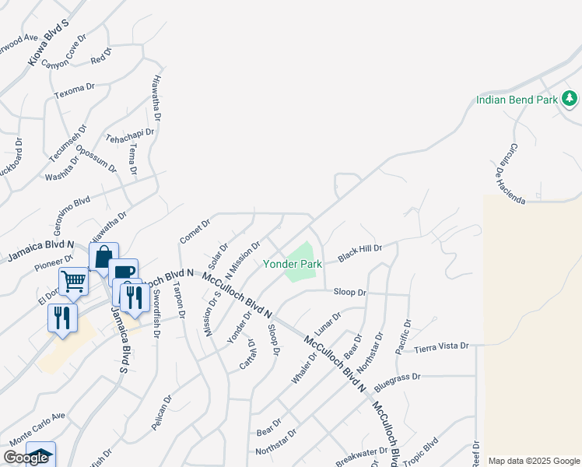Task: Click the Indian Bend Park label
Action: coord(517,100)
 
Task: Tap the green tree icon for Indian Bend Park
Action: coord(570,98)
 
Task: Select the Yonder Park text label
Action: coord(293,264)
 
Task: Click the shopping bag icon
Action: coord(103,256)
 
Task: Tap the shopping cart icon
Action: coord(73,280)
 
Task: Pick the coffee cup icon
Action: coord(124,271)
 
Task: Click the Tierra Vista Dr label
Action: coord(441,346)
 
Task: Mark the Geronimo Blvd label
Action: coord(72,212)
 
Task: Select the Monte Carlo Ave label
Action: coord(37,426)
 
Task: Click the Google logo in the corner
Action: coord(26,458)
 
